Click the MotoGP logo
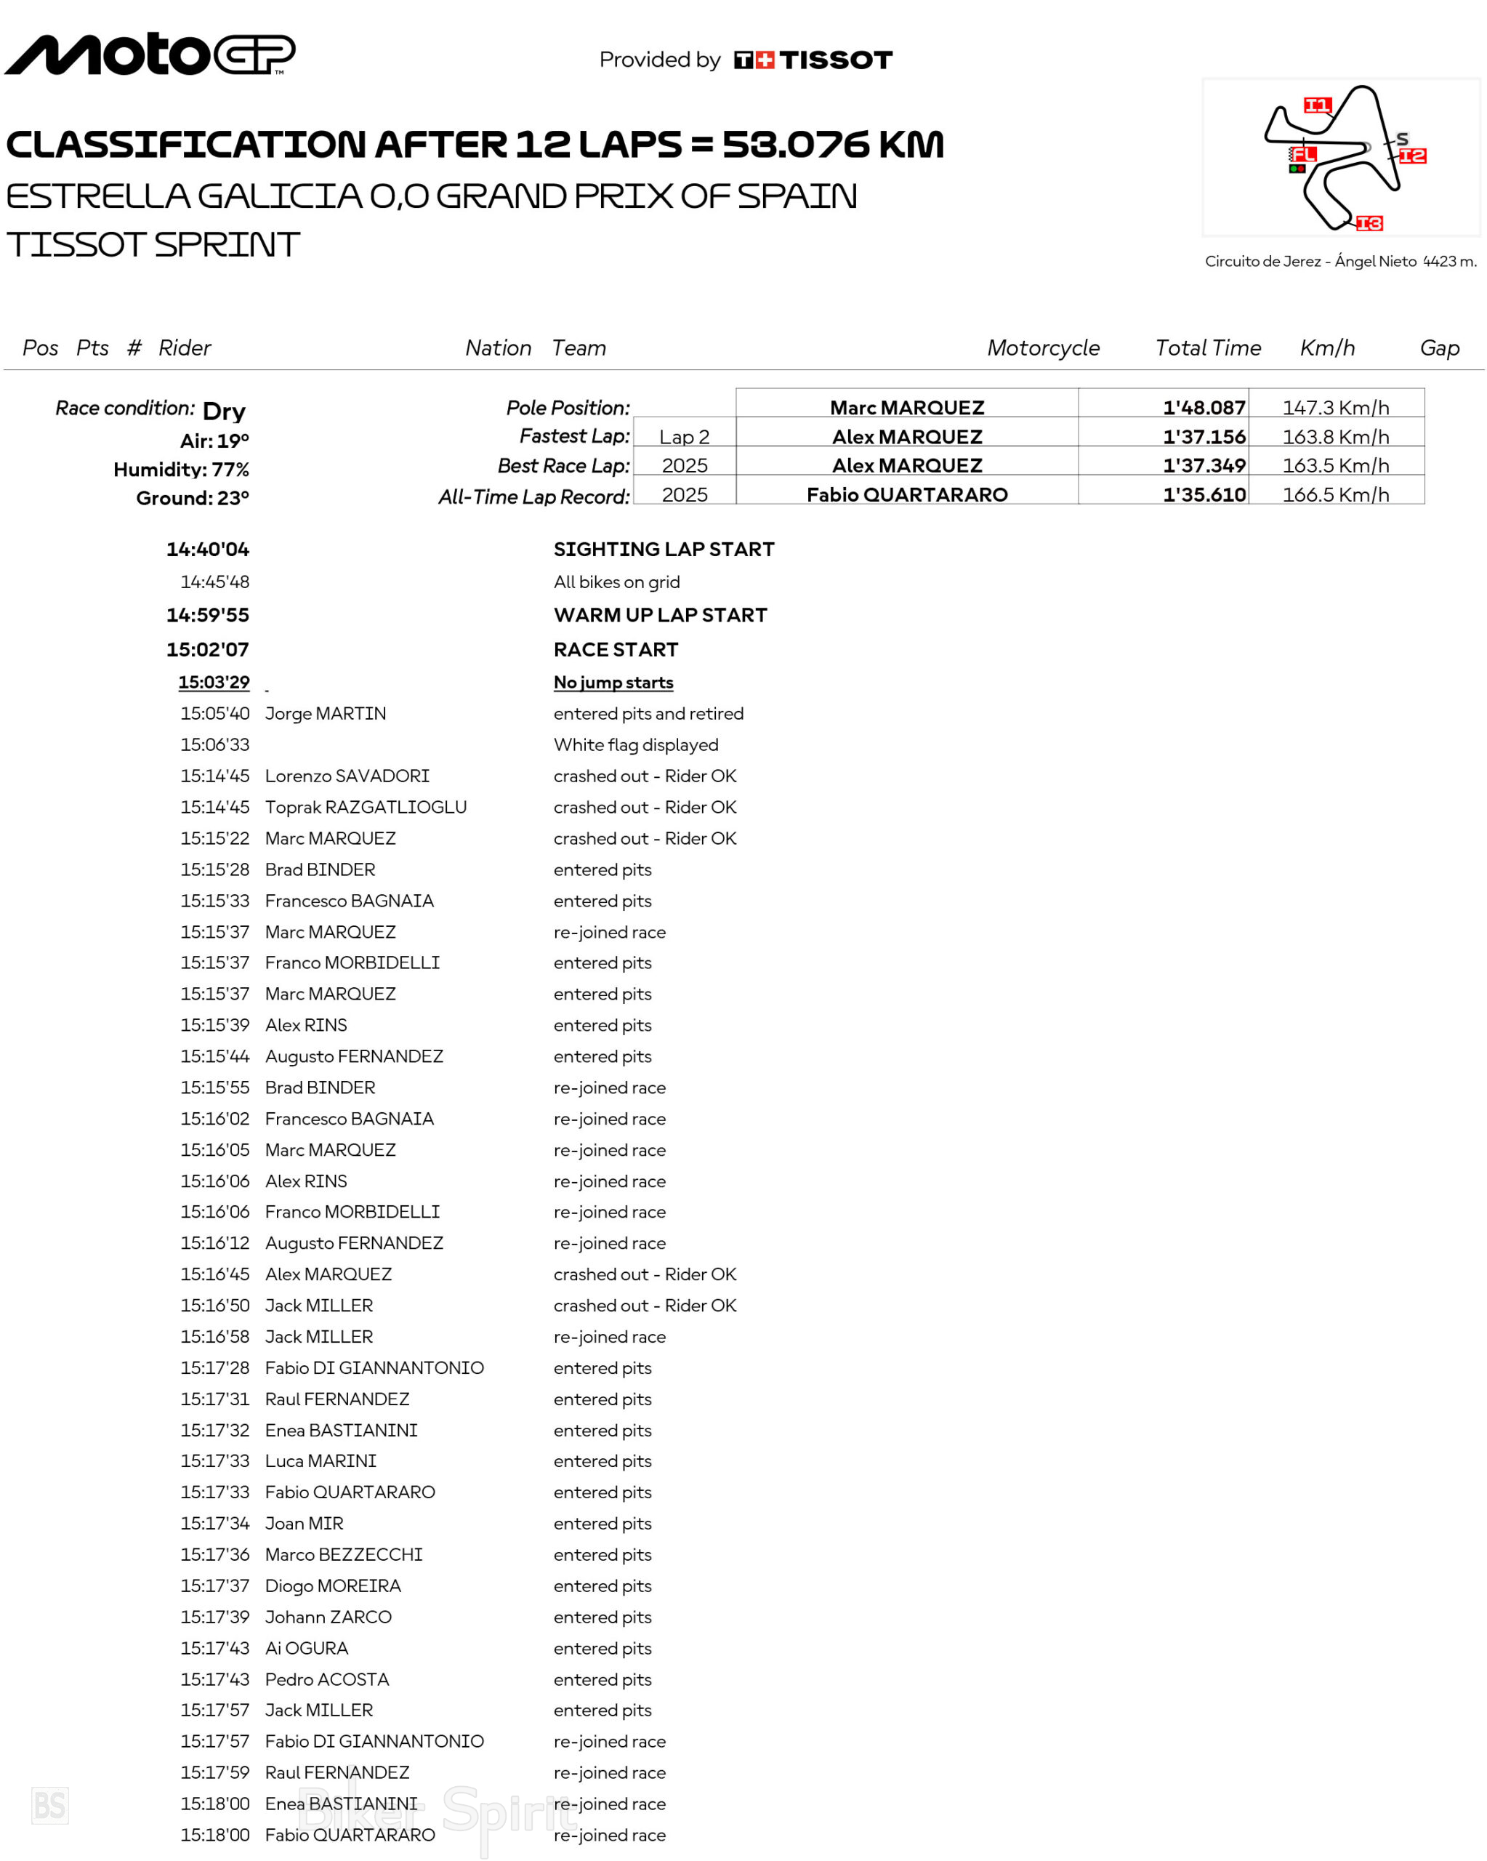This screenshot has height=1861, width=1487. tap(149, 55)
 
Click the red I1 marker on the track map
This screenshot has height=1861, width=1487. tap(1317, 105)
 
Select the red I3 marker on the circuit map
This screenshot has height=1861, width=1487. tap(1369, 224)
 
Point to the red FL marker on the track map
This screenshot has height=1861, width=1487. tap(1303, 155)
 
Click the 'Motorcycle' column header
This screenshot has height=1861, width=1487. tap(1042, 348)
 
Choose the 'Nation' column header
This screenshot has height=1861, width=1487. tap(498, 348)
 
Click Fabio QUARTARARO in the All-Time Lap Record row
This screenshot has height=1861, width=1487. tap(906, 494)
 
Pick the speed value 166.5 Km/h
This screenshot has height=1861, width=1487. tap(1335, 494)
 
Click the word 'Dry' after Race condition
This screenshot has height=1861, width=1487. tap(224, 411)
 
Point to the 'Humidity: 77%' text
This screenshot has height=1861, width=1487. tap(181, 470)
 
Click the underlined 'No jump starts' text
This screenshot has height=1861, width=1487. tap(613, 682)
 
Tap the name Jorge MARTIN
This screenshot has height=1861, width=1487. tap(326, 714)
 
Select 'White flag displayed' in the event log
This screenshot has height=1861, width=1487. tap(635, 745)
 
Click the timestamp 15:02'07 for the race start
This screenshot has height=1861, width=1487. tap(207, 649)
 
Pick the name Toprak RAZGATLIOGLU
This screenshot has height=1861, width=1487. tap(365, 807)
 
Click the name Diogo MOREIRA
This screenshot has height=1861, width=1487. tap(332, 1585)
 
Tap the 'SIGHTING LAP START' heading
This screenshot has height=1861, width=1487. tap(664, 549)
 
